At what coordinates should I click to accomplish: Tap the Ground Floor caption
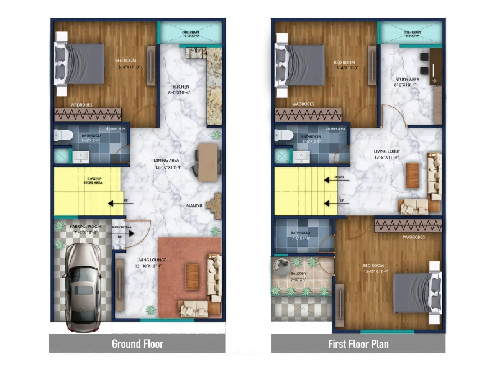(x=137, y=344)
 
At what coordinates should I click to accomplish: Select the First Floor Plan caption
(x=358, y=344)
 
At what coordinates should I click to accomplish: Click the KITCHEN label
(x=181, y=87)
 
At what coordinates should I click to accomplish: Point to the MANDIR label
(x=194, y=206)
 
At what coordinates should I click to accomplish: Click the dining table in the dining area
(x=208, y=162)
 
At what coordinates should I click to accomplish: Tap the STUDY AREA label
(x=407, y=80)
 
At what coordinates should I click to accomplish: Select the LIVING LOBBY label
(x=387, y=151)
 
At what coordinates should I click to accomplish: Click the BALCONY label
(x=298, y=274)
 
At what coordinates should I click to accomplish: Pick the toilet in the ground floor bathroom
(x=63, y=135)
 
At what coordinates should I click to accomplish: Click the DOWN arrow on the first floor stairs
(x=327, y=180)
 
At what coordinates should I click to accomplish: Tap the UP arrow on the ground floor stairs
(x=111, y=204)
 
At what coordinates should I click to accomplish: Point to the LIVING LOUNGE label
(x=151, y=260)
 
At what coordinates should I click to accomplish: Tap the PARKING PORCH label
(x=85, y=227)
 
